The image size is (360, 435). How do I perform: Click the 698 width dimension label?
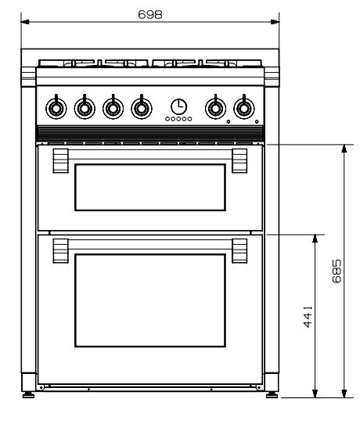(150, 14)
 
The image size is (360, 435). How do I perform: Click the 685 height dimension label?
(337, 271)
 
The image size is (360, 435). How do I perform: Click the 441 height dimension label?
(308, 317)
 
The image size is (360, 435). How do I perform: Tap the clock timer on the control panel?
(178, 106)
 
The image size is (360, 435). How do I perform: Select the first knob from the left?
(56, 108)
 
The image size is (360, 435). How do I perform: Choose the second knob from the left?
(85, 108)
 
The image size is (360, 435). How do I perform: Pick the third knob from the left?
(113, 108)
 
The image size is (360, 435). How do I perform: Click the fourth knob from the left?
(142, 108)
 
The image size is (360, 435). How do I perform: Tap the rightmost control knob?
(244, 108)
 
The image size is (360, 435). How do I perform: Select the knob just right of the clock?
(215, 108)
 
